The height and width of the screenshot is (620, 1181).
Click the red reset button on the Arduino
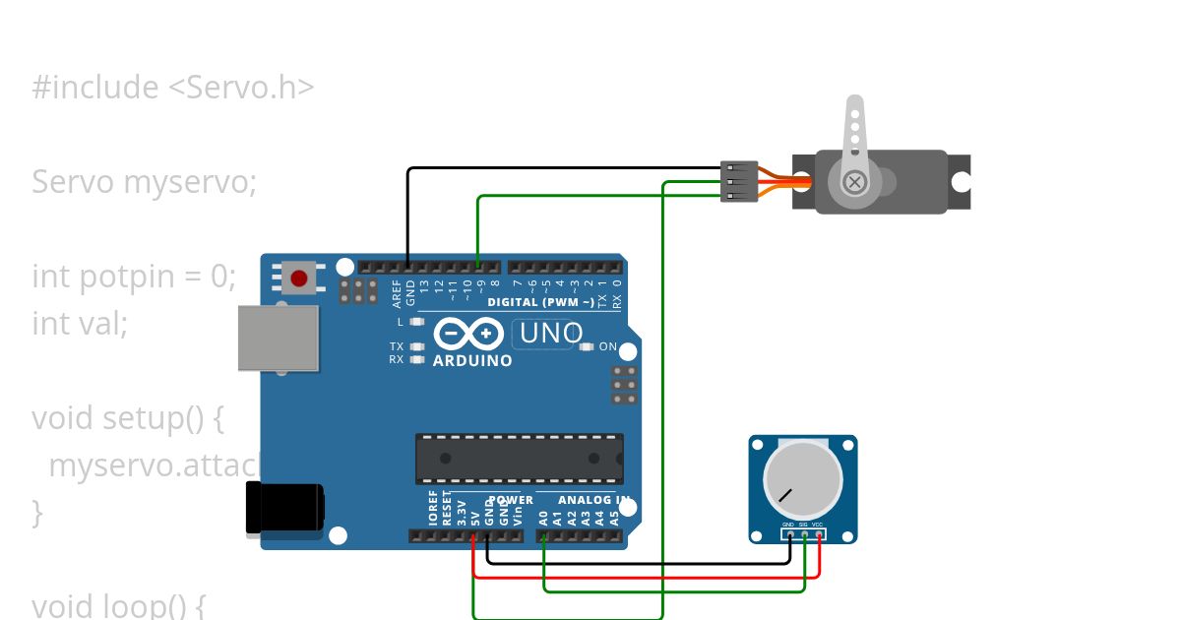(x=298, y=279)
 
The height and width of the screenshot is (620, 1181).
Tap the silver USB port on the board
(x=279, y=338)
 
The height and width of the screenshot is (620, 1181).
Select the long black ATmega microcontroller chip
(x=519, y=459)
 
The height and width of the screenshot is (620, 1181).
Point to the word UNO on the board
(x=550, y=335)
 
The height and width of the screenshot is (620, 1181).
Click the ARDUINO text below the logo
(x=472, y=361)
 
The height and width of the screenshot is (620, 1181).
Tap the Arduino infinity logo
(x=469, y=335)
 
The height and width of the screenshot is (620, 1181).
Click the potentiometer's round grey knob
(x=803, y=482)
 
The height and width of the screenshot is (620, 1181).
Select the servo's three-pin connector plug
(x=739, y=182)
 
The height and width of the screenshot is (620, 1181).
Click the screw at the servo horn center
(x=855, y=181)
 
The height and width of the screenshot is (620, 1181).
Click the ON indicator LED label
(x=607, y=346)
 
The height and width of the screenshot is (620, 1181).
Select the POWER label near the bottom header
(x=511, y=500)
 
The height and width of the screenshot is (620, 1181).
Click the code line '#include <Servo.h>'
(x=173, y=88)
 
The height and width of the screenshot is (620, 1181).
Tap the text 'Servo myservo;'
(x=144, y=182)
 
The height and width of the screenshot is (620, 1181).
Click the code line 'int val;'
(x=80, y=323)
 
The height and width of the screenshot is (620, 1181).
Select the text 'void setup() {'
(x=128, y=418)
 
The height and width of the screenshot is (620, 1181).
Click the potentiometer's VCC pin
(x=819, y=534)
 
